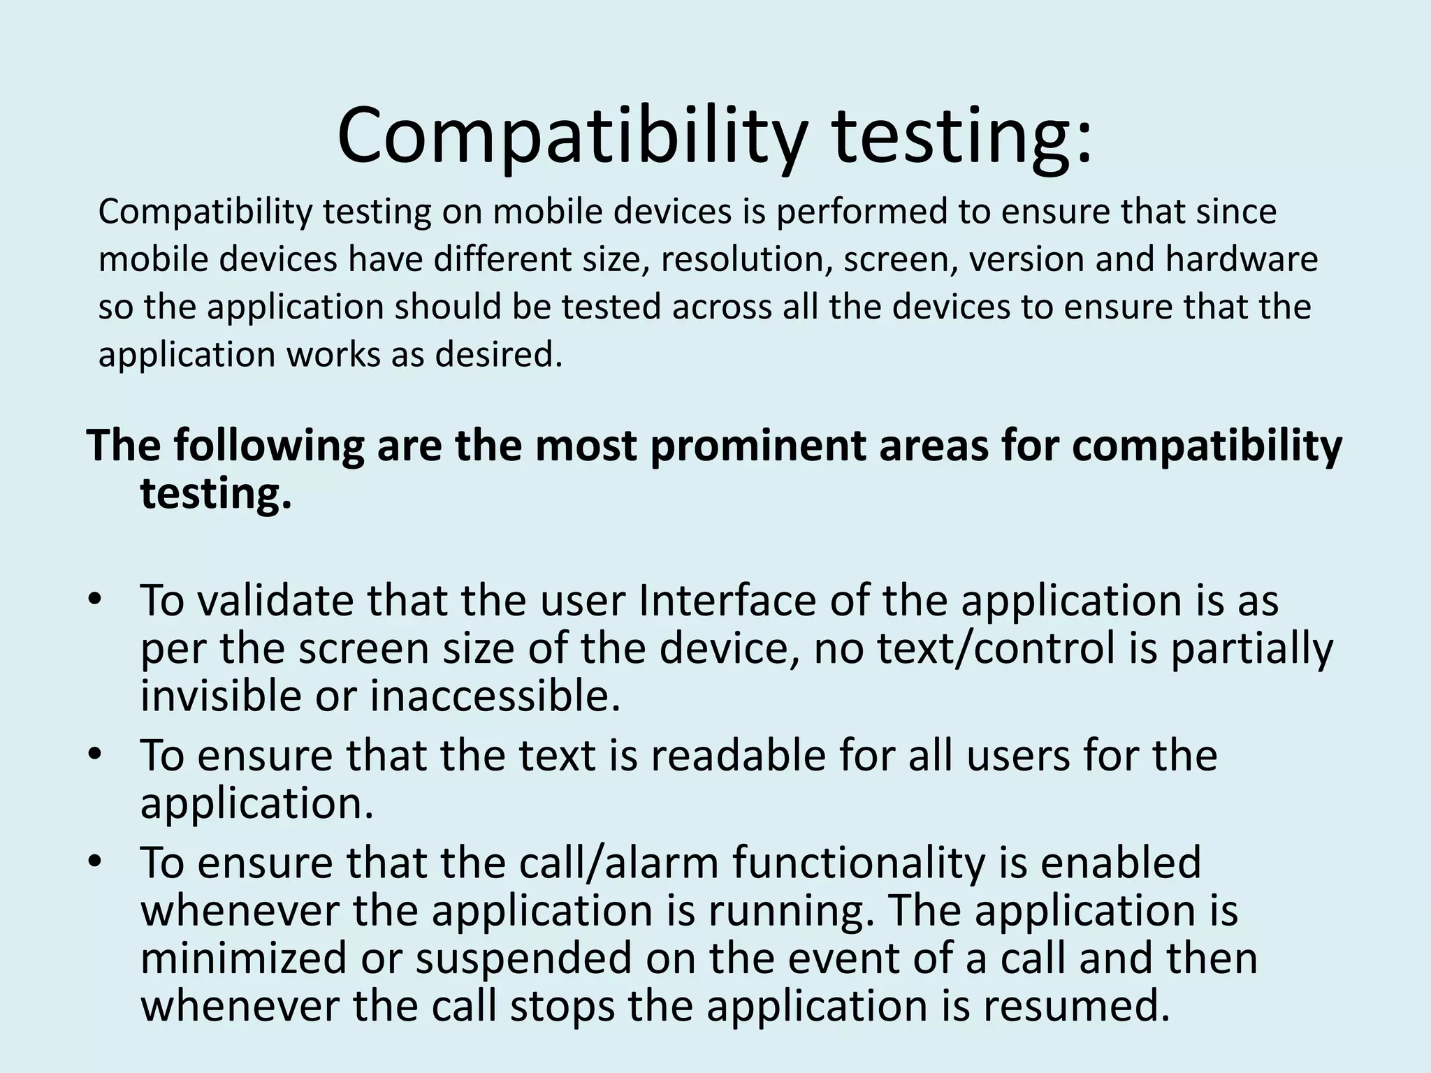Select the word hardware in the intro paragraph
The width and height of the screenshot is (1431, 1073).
[x=1241, y=260]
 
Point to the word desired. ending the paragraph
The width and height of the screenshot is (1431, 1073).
[x=498, y=355]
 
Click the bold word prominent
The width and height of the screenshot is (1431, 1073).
[x=757, y=446]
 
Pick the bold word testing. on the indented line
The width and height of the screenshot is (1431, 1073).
[x=215, y=495]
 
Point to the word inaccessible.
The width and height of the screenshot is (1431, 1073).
[x=495, y=696]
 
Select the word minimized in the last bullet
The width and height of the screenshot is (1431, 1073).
[x=243, y=958]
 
